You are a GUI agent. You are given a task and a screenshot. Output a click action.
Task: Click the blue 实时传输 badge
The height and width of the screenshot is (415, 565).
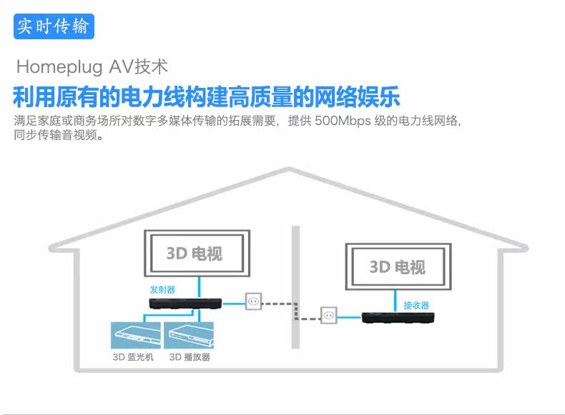pos(54,27)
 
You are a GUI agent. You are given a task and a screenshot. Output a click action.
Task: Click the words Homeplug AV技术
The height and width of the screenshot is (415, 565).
pos(92,67)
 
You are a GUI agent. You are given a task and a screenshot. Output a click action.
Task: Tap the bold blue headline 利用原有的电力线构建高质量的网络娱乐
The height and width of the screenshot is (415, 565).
pos(206,96)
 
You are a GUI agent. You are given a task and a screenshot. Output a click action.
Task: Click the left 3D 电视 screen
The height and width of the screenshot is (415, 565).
pos(197,254)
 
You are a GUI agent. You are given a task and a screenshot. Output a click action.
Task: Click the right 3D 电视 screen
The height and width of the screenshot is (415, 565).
pos(398,267)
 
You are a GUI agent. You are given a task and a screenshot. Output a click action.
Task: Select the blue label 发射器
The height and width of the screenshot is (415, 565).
pos(162,289)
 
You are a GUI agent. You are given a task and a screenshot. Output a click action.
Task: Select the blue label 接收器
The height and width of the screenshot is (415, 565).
pos(416,305)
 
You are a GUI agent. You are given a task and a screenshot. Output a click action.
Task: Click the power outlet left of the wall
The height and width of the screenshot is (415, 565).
pos(253,302)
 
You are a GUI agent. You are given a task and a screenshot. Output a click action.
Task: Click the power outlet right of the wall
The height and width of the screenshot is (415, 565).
pos(328,314)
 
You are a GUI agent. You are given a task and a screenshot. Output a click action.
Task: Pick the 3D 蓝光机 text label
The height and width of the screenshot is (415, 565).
pos(133,357)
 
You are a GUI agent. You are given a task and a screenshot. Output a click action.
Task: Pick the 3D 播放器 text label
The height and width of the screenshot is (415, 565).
pos(190,357)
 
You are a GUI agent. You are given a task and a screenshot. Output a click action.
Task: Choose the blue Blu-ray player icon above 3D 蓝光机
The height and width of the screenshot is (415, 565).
pos(134,335)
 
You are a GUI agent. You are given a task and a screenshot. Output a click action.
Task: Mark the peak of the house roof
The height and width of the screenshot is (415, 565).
pos(289,170)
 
